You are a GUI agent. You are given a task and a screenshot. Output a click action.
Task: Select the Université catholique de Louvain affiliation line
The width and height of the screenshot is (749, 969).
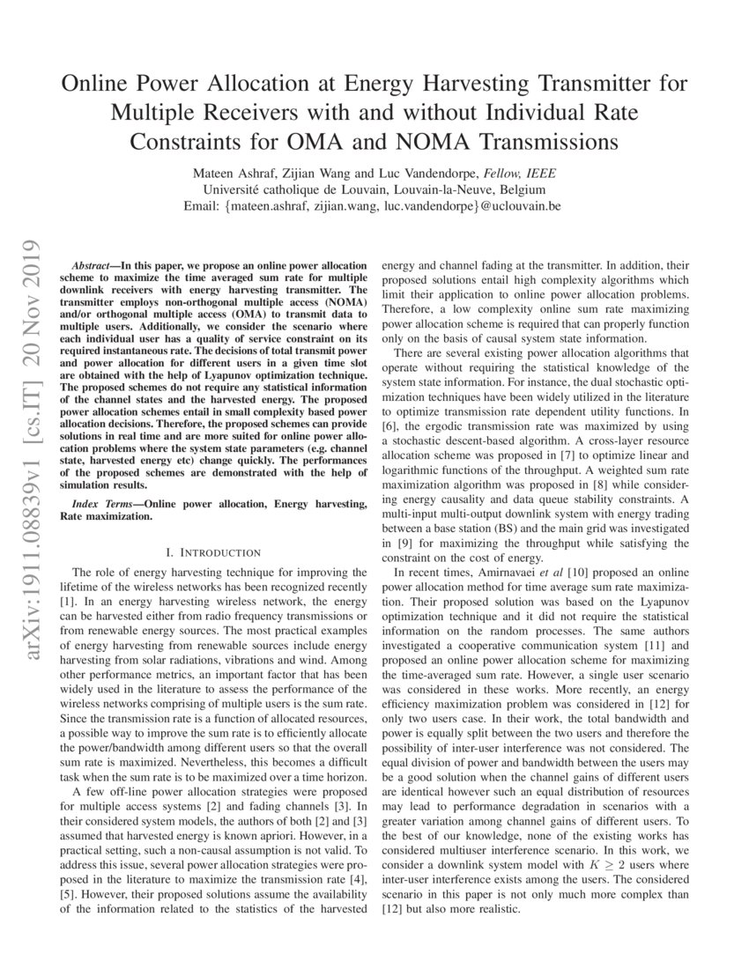pos(374,189)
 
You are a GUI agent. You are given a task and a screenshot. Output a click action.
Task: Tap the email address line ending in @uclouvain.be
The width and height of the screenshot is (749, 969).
pos(374,206)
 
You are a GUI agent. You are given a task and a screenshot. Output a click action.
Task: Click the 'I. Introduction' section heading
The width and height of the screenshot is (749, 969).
pos(213,552)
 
